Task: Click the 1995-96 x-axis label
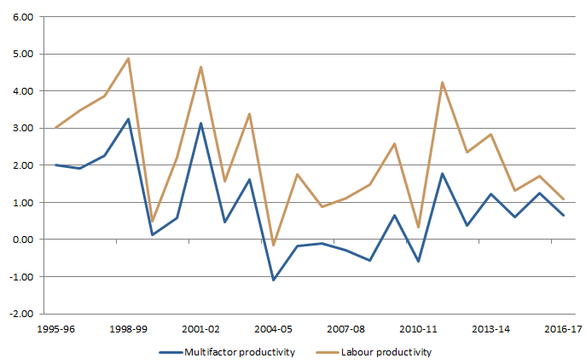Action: pos(55,327)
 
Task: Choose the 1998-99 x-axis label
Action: pos(128,327)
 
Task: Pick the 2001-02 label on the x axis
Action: pos(200,327)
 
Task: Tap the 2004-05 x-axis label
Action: pos(273,327)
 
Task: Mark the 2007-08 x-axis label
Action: pos(345,327)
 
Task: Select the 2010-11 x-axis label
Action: pos(418,327)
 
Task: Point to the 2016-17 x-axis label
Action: pos(563,327)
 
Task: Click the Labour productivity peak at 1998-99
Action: pos(128,59)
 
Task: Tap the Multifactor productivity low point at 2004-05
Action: pos(273,280)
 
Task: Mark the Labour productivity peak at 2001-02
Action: pos(200,66)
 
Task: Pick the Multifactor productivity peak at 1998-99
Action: pos(128,119)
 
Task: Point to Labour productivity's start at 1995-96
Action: pos(55,128)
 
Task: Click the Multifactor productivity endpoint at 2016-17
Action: pos(563,215)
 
